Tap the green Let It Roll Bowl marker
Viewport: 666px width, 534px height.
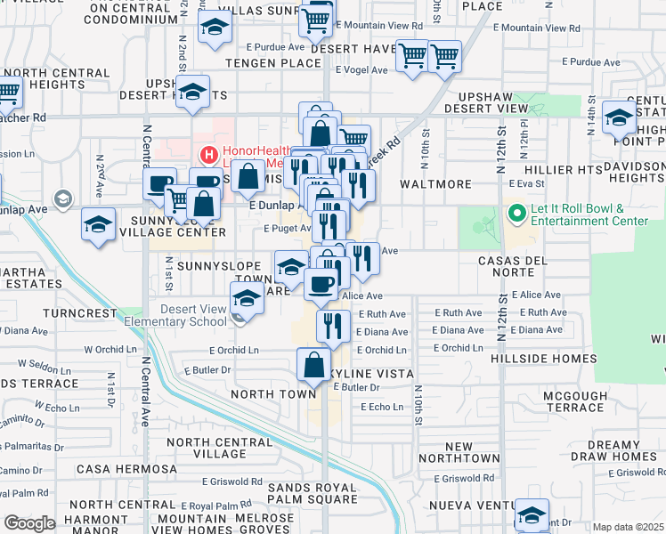click(x=515, y=214)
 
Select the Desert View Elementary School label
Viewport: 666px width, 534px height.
click(x=194, y=315)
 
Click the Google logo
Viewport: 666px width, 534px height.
click(x=29, y=523)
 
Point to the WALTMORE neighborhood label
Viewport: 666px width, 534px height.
click(x=435, y=184)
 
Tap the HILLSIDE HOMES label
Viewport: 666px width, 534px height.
click(x=543, y=359)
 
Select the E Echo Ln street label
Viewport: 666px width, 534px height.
click(x=382, y=407)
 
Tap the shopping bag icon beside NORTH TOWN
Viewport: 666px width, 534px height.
click(x=313, y=364)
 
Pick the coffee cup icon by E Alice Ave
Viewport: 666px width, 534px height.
click(x=321, y=284)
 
